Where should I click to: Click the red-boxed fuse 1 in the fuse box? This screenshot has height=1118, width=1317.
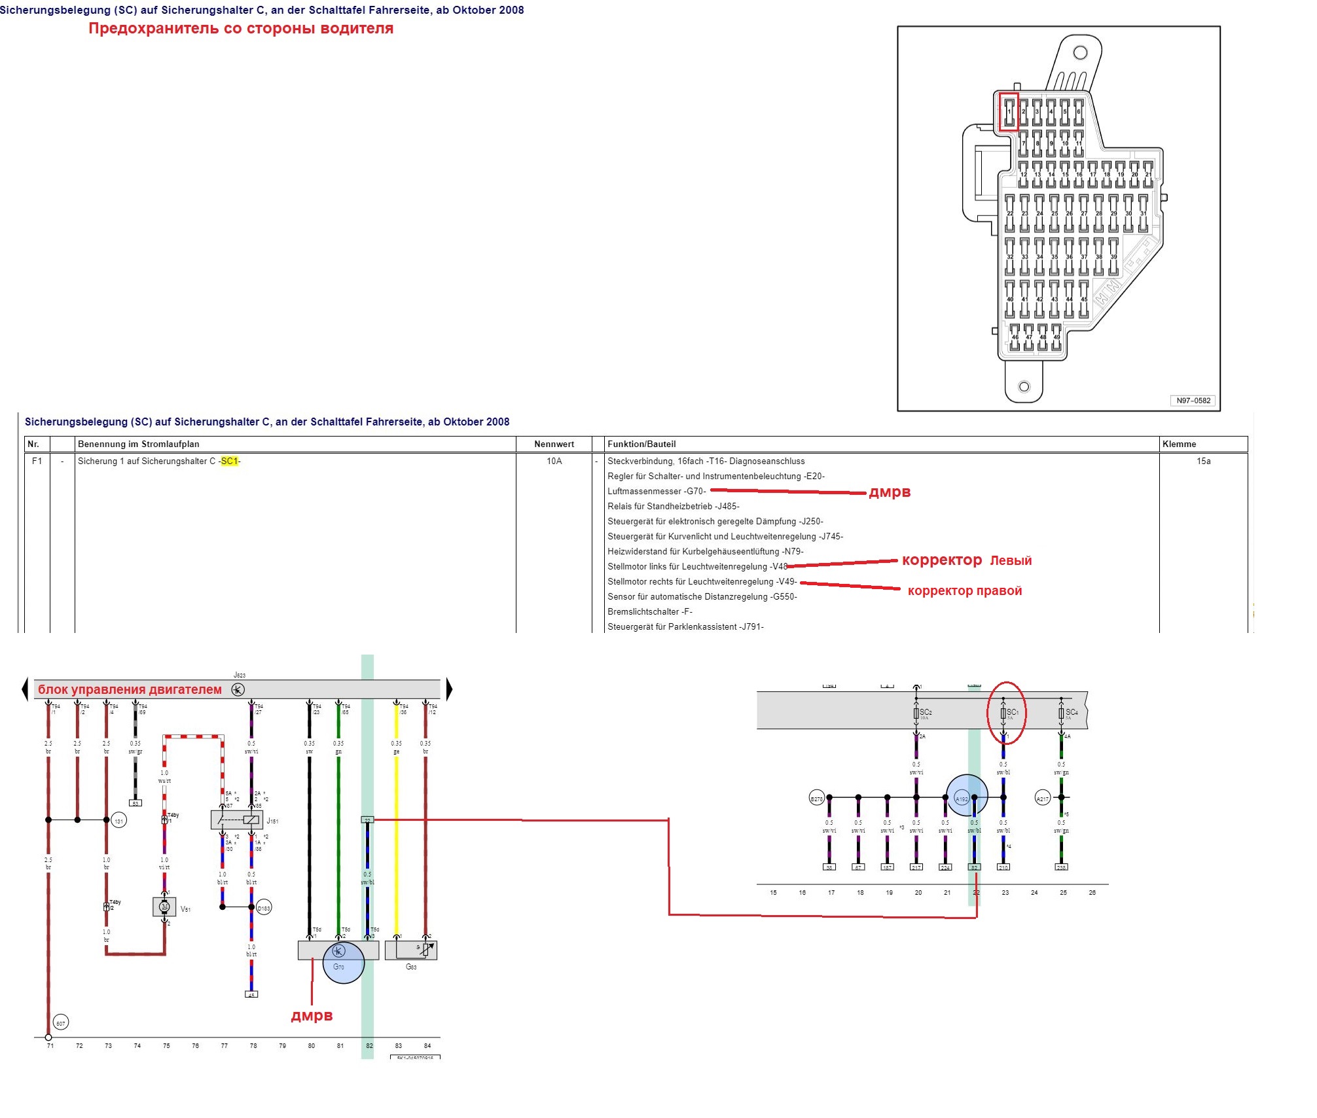point(1009,112)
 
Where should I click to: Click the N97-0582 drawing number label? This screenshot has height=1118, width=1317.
point(1193,401)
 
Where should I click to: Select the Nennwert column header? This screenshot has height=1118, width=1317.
point(554,444)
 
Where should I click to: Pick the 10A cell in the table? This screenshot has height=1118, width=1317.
point(554,461)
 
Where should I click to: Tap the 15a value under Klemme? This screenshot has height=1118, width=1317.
point(1203,461)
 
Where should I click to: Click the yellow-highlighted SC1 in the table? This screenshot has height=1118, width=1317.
point(230,461)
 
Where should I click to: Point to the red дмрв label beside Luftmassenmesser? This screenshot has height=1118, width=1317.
point(890,492)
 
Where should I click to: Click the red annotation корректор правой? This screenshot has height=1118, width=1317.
point(964,591)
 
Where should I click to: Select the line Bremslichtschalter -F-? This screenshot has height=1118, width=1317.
point(649,612)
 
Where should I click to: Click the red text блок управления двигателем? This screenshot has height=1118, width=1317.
point(130,689)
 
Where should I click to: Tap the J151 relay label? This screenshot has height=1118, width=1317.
point(272,821)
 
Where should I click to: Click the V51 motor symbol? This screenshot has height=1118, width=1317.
point(164,907)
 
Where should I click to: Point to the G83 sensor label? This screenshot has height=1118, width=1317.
point(411,967)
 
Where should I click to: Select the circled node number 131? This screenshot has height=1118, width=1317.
point(118,821)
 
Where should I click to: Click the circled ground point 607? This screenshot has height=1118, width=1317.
point(60,1023)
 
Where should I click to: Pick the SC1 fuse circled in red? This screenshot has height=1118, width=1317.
point(1003,713)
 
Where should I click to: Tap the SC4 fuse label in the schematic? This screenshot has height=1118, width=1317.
point(1071,712)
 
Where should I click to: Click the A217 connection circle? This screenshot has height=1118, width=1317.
point(1042,798)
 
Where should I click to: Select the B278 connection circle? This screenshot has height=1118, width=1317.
point(816,799)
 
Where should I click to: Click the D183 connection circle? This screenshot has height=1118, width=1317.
point(264,908)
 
